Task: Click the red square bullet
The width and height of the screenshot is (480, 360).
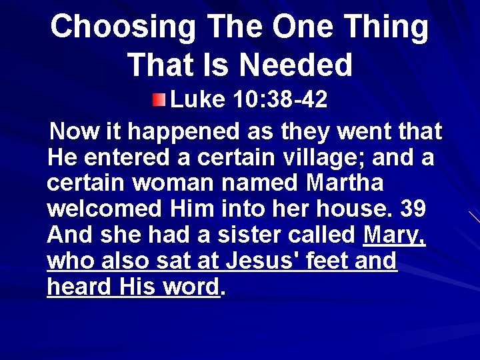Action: click(157, 101)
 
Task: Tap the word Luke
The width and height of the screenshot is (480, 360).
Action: click(198, 100)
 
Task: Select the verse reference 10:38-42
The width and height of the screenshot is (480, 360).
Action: click(281, 100)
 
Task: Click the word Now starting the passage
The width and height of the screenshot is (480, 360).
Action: click(75, 131)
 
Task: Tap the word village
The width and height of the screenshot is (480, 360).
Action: click(311, 157)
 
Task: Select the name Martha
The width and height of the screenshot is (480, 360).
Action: click(345, 183)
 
